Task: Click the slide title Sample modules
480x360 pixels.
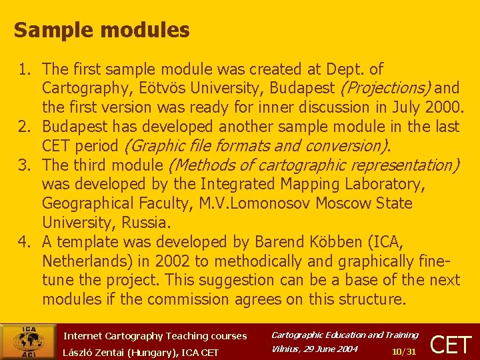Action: point(101,30)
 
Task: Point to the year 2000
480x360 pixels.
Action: point(441,107)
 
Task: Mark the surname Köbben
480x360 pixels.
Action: point(339,242)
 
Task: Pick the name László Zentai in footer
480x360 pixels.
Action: point(100,352)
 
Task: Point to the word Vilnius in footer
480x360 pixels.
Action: point(287,349)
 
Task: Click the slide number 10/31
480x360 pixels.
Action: point(404,351)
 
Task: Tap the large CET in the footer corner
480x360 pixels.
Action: point(451,344)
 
